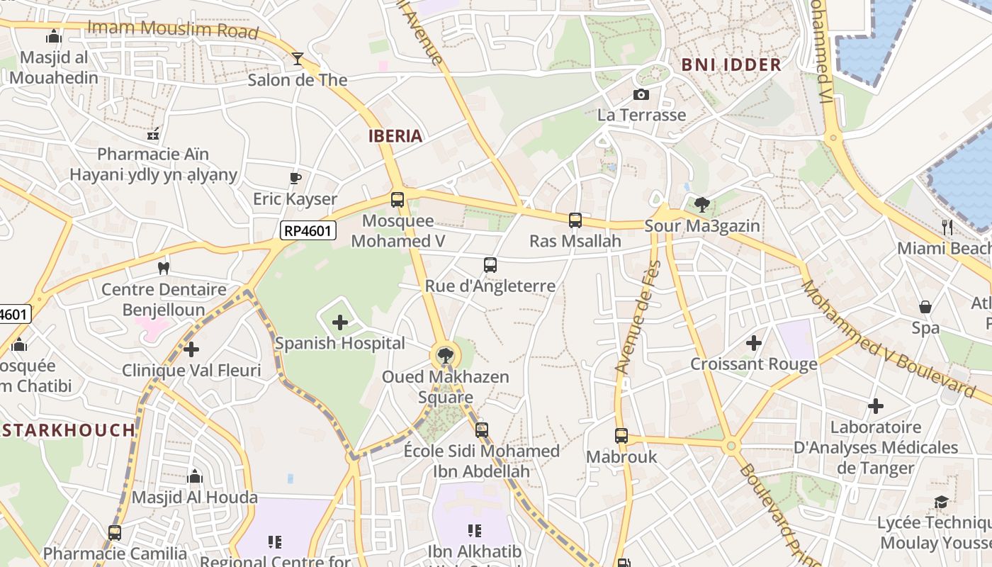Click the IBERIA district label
tap(395, 136)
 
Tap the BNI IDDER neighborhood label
tap(731, 64)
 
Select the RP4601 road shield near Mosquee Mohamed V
tap(308, 230)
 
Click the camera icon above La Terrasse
tap(641, 94)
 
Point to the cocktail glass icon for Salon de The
tap(298, 59)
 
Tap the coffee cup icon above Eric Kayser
tap(295, 178)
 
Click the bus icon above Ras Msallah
tap(575, 220)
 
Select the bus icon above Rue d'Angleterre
tap(490, 265)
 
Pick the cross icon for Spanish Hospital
tap(340, 323)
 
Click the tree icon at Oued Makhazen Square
tap(445, 355)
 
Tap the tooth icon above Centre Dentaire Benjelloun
tap(164, 268)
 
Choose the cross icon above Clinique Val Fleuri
tap(191, 349)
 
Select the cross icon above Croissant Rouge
tap(754, 343)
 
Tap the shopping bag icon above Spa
tap(925, 307)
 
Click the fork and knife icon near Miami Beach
tap(947, 227)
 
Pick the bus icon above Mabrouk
tap(621, 436)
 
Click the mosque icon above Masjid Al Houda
tap(195, 476)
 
